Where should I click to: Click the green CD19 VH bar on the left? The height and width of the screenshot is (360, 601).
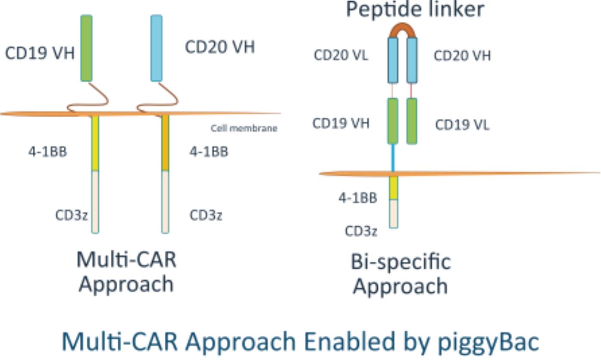pos(86,48)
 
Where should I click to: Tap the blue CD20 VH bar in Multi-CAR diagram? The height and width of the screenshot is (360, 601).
pos(157,48)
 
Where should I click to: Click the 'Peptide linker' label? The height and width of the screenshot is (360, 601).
pos(415,9)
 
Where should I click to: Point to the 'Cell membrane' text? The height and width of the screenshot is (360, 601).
pos(244,128)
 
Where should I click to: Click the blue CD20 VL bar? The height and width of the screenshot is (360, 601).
pos(393,60)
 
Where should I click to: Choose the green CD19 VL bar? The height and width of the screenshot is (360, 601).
pos(412,121)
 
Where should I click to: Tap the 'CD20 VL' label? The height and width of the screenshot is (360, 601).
pos(341,56)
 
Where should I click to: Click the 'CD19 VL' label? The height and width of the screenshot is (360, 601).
pos(462,125)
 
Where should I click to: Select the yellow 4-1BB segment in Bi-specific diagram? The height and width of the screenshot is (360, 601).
pos(394,188)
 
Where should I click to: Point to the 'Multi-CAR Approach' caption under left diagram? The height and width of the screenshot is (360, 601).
pos(126,272)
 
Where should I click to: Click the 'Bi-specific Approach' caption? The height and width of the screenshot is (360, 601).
pos(401,274)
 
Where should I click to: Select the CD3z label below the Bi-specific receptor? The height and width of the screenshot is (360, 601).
pos(361,232)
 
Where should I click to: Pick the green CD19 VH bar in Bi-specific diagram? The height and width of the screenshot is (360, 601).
pos(393,121)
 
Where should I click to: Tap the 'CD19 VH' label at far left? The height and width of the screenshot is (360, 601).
pos(40,53)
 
